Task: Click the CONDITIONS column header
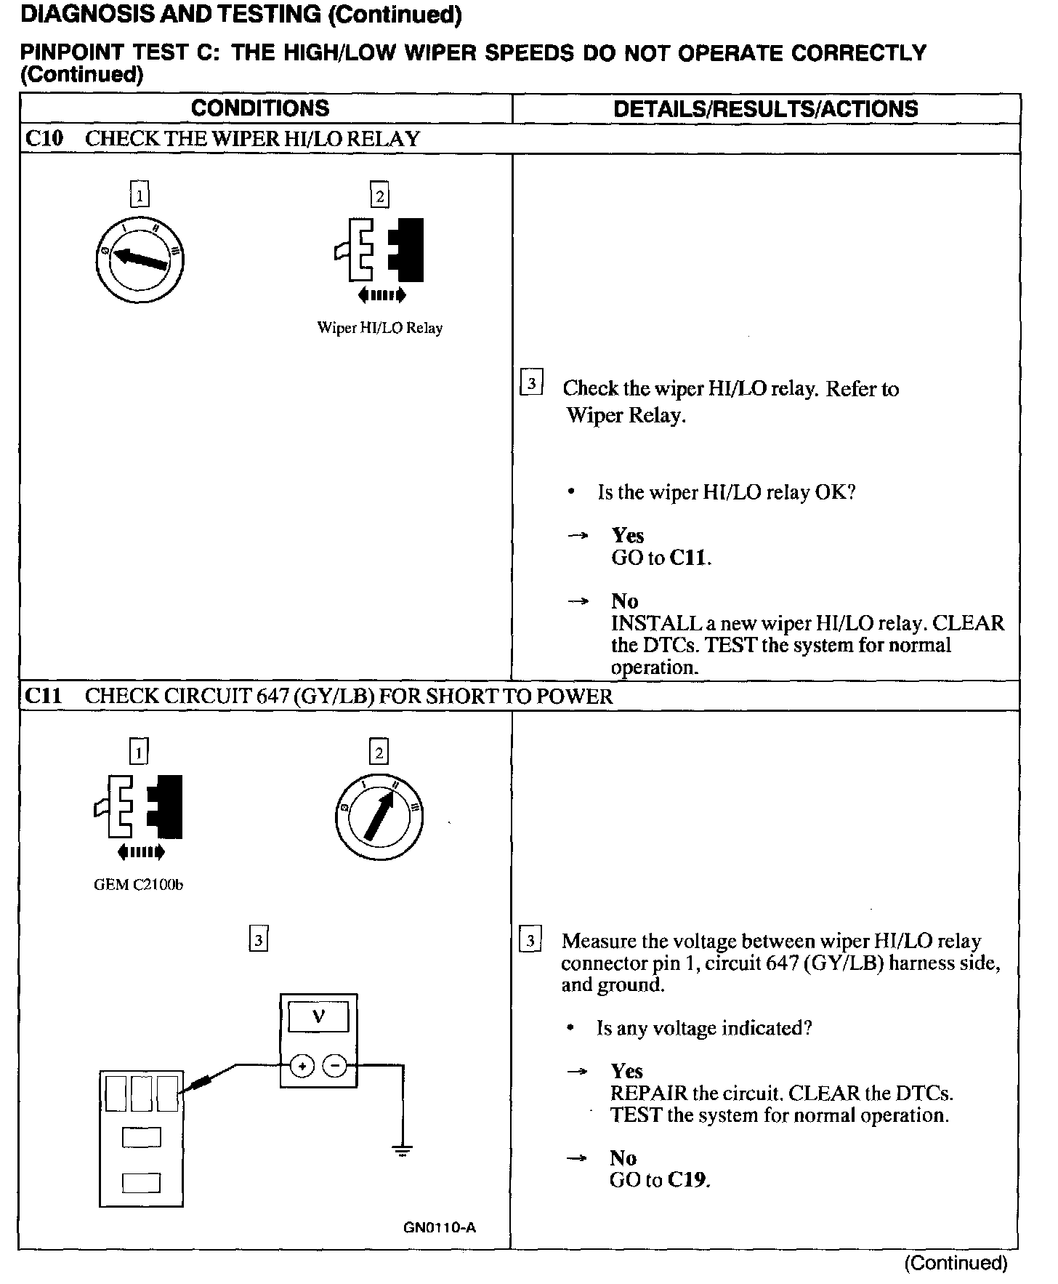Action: click(260, 108)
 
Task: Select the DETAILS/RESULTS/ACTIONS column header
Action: click(765, 109)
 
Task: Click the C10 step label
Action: click(44, 138)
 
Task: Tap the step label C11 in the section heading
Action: click(44, 696)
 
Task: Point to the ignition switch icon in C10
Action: click(140, 259)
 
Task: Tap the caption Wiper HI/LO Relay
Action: click(379, 328)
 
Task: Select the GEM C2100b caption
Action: click(139, 885)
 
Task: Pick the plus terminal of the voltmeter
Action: click(302, 1066)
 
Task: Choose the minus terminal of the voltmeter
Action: click(335, 1066)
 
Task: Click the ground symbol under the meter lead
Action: click(402, 1150)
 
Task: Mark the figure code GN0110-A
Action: click(440, 1228)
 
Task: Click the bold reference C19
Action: click(687, 1179)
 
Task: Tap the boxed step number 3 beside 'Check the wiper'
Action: click(532, 382)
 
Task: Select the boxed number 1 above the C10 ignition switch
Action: click(140, 195)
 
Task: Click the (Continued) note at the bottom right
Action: click(956, 1263)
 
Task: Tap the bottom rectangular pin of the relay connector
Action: click(141, 1183)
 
